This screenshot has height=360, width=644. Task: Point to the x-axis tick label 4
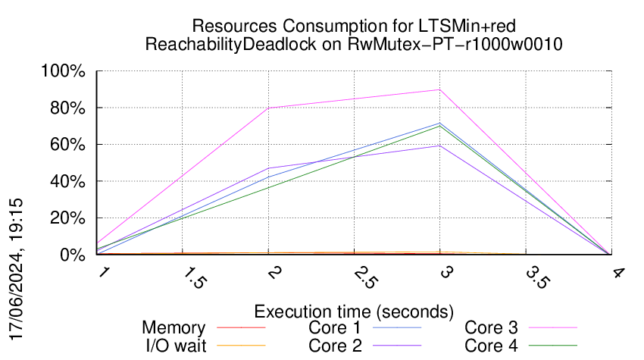618,272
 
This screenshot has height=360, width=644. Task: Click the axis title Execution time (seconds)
354,311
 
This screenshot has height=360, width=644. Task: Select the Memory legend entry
174,328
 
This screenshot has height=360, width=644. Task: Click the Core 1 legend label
335,328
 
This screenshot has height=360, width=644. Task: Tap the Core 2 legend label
335,346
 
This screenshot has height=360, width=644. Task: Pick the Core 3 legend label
491,328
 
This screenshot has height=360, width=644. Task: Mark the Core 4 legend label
491,346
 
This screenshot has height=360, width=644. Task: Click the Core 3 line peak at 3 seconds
440,89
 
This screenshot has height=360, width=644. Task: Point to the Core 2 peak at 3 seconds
440,146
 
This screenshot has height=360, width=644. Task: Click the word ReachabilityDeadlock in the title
244,45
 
